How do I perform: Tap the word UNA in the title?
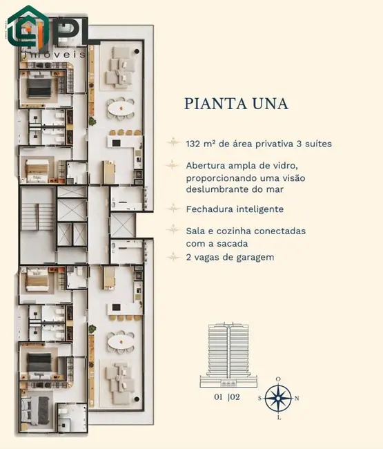coord(268,104)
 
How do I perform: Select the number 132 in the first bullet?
coord(193,144)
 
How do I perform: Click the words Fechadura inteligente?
coord(235,209)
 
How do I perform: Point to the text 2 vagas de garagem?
coord(230,257)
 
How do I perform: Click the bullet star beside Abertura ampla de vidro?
coord(174,166)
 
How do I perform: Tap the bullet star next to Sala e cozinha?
coord(174,231)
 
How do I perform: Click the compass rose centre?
coord(278,398)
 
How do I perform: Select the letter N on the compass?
coord(297,399)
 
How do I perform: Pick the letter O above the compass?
coord(278,379)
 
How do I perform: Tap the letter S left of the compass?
coord(260,399)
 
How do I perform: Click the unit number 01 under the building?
coord(218,397)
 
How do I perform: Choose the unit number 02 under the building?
coord(237,397)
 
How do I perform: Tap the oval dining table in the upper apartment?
coord(121,109)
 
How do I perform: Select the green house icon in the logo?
coord(24,26)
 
